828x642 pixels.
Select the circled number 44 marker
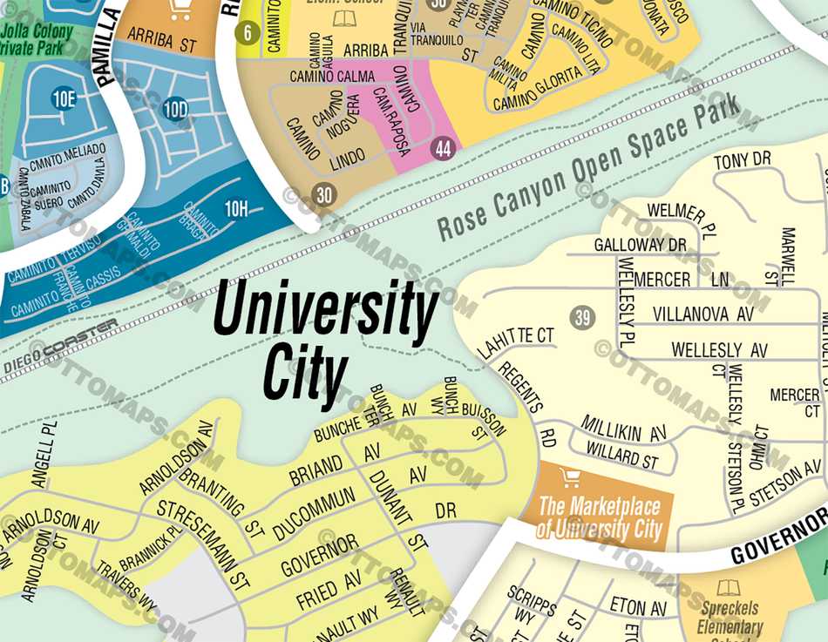tap(444, 149)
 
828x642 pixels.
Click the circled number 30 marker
tap(324, 195)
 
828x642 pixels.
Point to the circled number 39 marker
tap(582, 317)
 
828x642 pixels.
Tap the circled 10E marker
tap(64, 98)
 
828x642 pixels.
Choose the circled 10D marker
tap(175, 109)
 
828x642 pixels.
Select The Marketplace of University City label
tap(599, 517)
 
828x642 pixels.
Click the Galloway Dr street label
tap(641, 245)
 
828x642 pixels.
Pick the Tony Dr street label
tap(743, 160)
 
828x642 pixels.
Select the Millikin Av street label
tap(623, 432)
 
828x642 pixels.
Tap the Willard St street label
tap(622, 454)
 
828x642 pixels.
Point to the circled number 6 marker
tap(248, 35)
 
